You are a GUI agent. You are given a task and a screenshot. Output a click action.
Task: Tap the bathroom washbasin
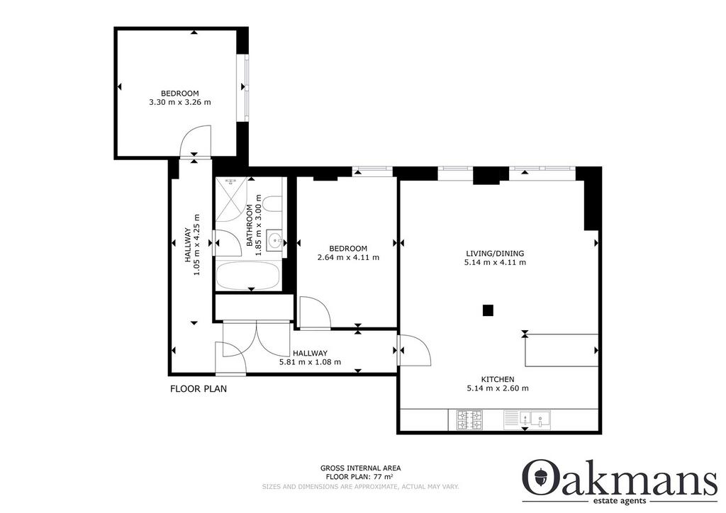tap(275, 240)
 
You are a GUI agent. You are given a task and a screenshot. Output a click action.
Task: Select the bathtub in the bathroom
tap(247, 276)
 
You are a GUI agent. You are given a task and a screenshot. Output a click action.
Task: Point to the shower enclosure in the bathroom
tap(231, 200)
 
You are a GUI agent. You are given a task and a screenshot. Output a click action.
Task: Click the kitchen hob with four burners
tap(469, 420)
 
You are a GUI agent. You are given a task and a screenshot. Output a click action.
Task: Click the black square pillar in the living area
tap(488, 310)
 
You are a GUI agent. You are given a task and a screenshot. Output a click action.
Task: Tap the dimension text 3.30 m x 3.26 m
tap(179, 102)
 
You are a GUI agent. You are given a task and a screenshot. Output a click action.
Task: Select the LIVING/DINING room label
tap(495, 254)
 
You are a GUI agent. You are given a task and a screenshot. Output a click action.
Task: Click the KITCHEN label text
tap(497, 379)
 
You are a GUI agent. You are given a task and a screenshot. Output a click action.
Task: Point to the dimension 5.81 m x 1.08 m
tap(311, 362)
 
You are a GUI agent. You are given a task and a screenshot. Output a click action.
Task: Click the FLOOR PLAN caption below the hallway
tap(199, 388)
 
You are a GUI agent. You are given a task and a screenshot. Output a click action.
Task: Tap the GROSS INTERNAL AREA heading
tap(361, 468)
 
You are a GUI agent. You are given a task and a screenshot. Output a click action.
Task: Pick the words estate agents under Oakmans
tap(620, 502)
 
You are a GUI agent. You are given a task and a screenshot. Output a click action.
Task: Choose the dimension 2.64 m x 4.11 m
tap(348, 257)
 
